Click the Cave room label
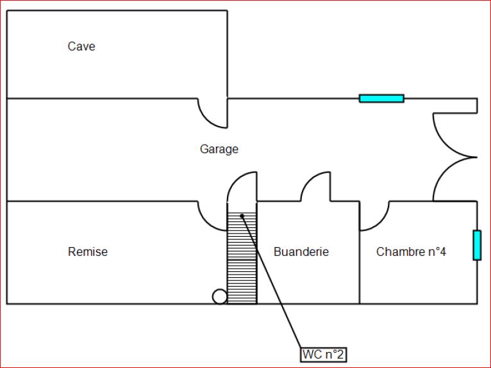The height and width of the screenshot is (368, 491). tap(81, 46)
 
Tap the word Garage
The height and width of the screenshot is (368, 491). tap(219, 149)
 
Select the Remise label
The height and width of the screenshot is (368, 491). tap(88, 252)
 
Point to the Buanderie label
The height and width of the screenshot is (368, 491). tap(301, 252)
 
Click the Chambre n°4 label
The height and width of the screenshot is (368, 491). tap(411, 252)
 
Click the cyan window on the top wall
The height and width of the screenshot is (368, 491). tap(381, 98)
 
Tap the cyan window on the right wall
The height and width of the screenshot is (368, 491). tap(477, 245)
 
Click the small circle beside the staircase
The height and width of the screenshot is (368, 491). tap(220, 296)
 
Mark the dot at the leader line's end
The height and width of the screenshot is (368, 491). tap(242, 216)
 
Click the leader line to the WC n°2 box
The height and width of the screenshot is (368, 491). tap(272, 282)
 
